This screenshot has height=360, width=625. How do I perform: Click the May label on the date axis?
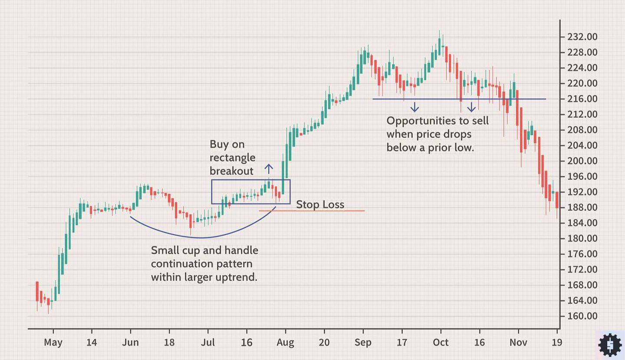[x=53, y=343]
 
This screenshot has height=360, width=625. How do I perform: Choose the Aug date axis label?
[x=286, y=343]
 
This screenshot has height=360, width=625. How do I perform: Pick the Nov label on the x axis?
[x=518, y=343]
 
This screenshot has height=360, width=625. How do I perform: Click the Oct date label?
[x=441, y=343]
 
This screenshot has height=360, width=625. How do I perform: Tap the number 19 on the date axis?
[x=557, y=343]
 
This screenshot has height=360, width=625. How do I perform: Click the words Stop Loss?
[x=320, y=205]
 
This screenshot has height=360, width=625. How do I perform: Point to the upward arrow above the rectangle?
[x=269, y=169]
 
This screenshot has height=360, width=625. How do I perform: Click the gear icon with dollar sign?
[x=610, y=345]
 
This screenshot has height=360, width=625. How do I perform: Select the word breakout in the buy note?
[x=231, y=171]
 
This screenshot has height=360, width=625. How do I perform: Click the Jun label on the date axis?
[x=130, y=343]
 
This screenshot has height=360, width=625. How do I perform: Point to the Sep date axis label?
[x=363, y=343]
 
